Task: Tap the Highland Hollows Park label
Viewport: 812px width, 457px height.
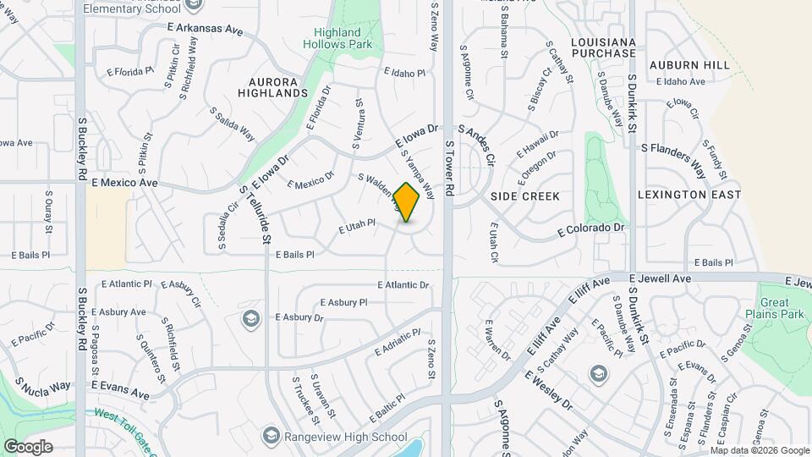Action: tap(338, 38)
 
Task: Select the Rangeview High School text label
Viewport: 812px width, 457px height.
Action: tap(347, 437)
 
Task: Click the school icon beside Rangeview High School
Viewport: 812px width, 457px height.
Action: tap(272, 436)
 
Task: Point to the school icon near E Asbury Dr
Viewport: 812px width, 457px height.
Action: tap(250, 318)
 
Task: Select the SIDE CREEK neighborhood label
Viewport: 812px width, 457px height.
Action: tap(525, 196)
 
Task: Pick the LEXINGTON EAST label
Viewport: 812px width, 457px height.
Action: tap(689, 195)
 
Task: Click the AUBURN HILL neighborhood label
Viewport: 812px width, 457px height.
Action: tap(689, 65)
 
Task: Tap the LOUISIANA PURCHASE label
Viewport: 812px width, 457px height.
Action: tap(602, 47)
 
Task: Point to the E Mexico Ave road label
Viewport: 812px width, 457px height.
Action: tap(124, 182)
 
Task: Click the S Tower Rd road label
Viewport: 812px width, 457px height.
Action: tap(449, 169)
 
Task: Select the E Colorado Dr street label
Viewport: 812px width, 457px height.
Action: tap(591, 228)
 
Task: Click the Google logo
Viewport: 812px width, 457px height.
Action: tap(28, 446)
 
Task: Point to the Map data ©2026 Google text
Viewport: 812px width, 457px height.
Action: tap(760, 450)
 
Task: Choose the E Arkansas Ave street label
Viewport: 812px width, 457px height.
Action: tap(205, 29)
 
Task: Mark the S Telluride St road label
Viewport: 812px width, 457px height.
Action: tap(254, 216)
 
